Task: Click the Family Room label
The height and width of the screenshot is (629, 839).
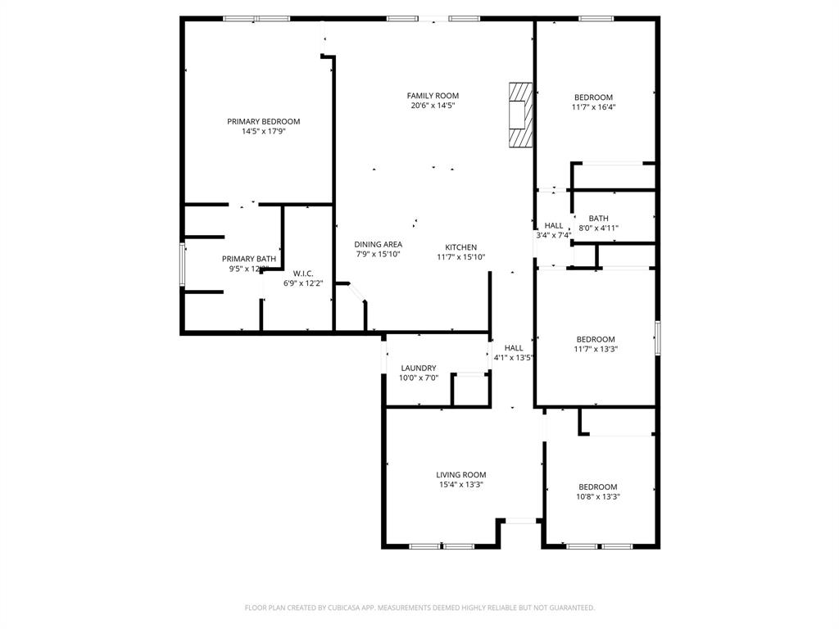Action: point(433,96)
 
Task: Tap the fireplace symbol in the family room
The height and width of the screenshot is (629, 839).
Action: point(519,115)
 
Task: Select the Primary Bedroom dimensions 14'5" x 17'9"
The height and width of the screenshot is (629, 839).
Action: point(263,131)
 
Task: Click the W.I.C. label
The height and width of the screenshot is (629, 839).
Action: point(303,274)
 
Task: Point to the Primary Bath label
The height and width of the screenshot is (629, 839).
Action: point(249,259)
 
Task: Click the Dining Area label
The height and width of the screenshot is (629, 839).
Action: point(378,244)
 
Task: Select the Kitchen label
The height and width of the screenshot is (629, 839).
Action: point(460,247)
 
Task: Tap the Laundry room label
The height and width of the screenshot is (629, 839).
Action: point(419,369)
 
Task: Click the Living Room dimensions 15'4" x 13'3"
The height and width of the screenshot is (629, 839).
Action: point(460,484)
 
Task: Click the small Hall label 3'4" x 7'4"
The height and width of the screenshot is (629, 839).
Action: point(554,226)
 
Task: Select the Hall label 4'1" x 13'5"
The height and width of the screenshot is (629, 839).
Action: point(514,348)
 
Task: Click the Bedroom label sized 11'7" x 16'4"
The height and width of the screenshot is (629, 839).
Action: point(593,97)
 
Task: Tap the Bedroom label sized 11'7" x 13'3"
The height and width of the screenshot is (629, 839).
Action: point(595,339)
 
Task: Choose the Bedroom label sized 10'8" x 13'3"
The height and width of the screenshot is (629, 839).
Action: point(597,486)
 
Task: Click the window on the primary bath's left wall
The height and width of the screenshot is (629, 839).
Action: point(183,264)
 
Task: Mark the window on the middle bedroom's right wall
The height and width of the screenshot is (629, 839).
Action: point(657,337)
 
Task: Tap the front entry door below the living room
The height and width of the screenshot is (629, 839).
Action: point(520,520)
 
